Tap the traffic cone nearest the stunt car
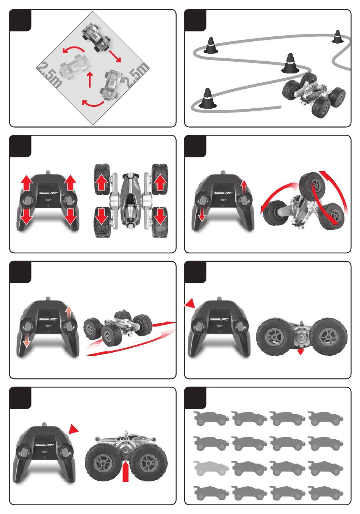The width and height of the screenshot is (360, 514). tap(290, 63)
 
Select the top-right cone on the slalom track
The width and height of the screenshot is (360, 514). tap(337, 37)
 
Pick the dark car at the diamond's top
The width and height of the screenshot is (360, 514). tap(96, 37)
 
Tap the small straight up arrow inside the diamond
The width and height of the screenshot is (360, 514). tap(90, 79)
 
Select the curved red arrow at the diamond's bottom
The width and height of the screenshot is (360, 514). tap(93, 103)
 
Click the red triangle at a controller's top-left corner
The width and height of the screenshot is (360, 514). tap(190, 303)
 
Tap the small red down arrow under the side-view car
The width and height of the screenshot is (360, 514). tap(301, 352)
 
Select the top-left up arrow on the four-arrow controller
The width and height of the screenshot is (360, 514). tap(26, 183)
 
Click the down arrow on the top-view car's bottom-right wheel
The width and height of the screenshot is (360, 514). tap(160, 216)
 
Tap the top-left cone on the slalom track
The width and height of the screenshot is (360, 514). tap(211, 46)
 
